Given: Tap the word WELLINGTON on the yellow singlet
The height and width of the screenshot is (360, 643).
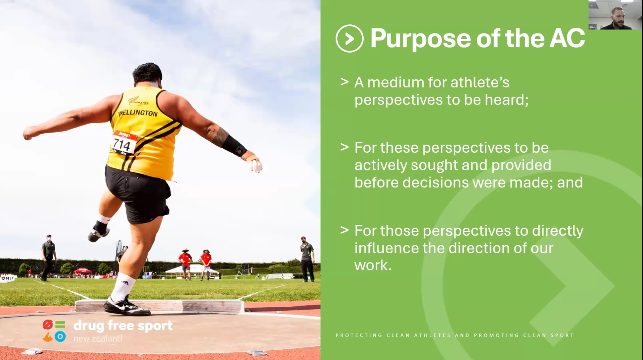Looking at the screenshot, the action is click(138, 113).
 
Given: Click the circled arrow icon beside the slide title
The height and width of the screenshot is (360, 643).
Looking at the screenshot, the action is click(349, 39).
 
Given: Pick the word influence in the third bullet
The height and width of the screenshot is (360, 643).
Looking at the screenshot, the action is click(386, 248).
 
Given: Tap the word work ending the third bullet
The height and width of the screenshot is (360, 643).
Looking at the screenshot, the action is click(372, 266).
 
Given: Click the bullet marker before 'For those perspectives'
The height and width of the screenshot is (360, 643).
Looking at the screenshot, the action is click(344, 230).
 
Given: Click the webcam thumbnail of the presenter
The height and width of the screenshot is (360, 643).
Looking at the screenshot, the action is click(615, 15).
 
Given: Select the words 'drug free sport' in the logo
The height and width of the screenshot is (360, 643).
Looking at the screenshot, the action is click(123, 326).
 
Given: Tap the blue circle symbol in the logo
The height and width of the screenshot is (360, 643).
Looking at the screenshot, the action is click(60, 336).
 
